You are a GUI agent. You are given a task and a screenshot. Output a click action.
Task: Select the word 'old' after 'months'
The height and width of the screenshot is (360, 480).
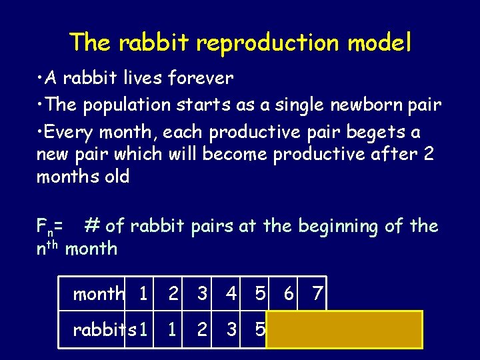coord(114,177)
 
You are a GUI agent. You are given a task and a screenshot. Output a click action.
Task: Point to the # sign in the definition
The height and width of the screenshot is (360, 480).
coord(92,226)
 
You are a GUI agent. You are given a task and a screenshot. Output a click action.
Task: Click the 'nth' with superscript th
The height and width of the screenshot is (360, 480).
coord(48,249)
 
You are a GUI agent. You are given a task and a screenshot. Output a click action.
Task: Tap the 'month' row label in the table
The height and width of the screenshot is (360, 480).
coord(99,293)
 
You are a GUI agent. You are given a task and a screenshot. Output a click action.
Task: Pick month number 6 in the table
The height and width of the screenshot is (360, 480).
coord(289,293)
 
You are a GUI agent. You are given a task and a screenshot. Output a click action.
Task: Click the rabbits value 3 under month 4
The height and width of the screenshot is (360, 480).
coord(231,329)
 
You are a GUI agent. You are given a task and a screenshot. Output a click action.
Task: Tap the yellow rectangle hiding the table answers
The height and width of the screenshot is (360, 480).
coord(345,329)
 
